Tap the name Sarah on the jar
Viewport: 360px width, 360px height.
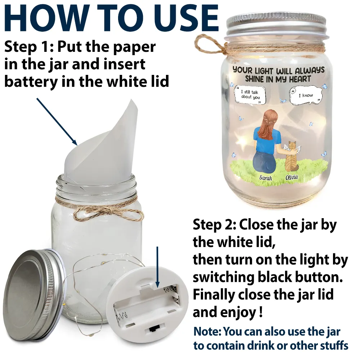point(266,178)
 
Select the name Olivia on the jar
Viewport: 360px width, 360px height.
point(292,177)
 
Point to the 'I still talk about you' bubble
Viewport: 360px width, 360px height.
point(250,95)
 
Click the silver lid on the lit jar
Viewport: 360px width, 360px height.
point(276,24)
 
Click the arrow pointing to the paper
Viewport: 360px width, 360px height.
point(57,121)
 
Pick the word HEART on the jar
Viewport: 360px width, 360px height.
point(300,79)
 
